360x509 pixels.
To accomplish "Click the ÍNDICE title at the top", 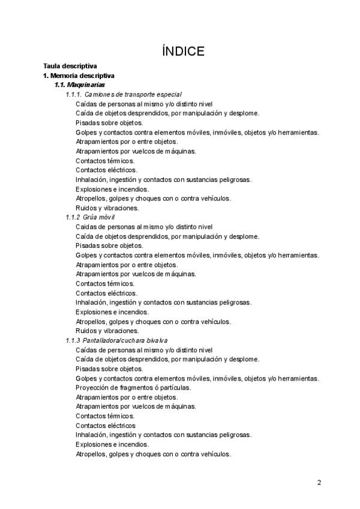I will click(x=183, y=51).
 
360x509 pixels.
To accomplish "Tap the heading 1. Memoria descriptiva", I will click(x=79, y=76).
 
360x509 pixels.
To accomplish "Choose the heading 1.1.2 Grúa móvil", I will click(x=90, y=217).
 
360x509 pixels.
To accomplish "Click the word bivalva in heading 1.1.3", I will click(x=154, y=340).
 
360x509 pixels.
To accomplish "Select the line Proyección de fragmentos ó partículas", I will click(x=133, y=388).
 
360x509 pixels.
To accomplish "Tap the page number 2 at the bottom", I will click(x=319, y=482).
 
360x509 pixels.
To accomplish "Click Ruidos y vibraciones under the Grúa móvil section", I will click(x=98, y=331).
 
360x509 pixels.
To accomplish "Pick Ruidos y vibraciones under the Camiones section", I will click(x=98, y=208).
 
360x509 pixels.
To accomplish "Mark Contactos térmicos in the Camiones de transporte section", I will click(x=105, y=161).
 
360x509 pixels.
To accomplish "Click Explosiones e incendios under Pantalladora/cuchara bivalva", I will click(x=112, y=444).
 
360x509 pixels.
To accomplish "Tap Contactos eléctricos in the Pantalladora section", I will click(x=106, y=426).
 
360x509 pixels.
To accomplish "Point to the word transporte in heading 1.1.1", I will click(x=143, y=95).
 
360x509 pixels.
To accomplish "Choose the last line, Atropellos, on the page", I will click(x=153, y=454).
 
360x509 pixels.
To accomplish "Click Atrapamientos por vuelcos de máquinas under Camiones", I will click(x=136, y=151).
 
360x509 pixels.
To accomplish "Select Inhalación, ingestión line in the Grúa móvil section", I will click(x=163, y=303).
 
